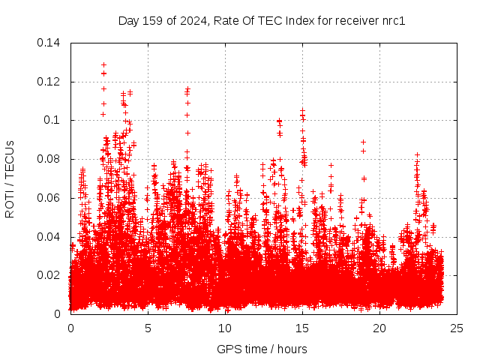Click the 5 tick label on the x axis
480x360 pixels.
tap(148, 328)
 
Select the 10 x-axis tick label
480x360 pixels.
tap(225, 328)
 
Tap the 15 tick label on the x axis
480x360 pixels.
tap(302, 328)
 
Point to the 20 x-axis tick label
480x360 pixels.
tap(379, 328)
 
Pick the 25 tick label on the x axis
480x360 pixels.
tap(457, 328)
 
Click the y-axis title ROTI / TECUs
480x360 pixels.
tap(10, 178)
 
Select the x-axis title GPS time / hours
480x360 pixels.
tap(262, 349)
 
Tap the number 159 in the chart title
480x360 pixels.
tap(150, 20)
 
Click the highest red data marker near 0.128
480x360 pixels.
tap(103, 65)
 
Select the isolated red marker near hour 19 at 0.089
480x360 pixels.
tap(363, 142)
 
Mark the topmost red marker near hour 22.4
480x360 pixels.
tap(417, 154)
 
